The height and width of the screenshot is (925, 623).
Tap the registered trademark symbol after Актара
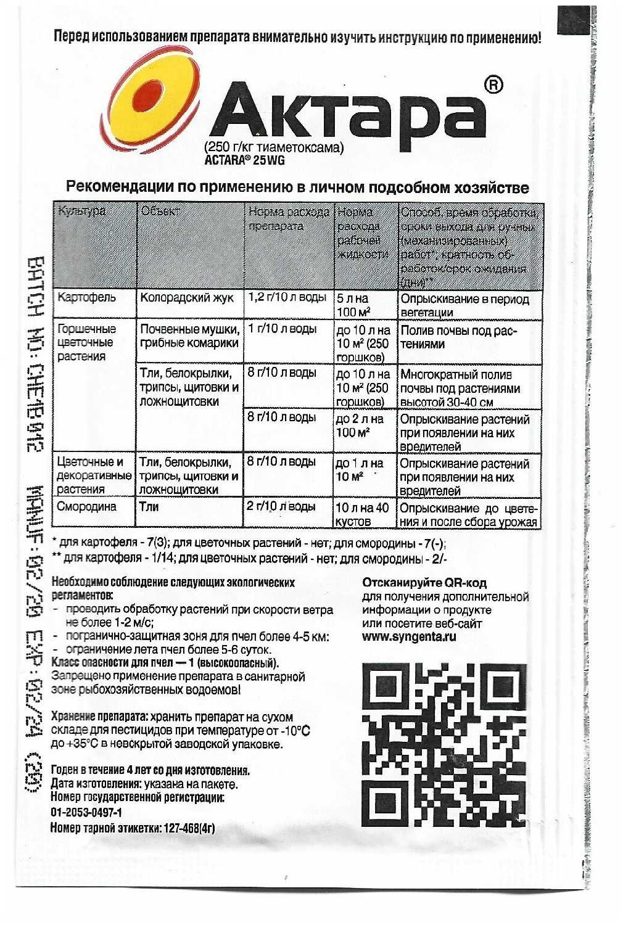pyautogui.click(x=493, y=85)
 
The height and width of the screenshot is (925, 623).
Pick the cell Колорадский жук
pyautogui.click(x=187, y=298)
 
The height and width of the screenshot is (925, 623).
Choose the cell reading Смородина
pyautogui.click(x=87, y=507)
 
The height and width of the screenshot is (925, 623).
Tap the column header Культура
pyautogui.click(x=81, y=212)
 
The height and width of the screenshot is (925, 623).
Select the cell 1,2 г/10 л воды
pyautogui.click(x=287, y=298)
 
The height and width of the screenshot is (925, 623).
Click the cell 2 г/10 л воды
pyautogui.click(x=281, y=507)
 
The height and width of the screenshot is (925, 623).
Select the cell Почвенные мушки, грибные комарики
pyautogui.click(x=189, y=336)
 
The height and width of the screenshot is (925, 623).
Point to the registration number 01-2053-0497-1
pyautogui.click(x=86, y=812)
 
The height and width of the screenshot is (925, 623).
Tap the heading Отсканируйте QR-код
pyautogui.click(x=424, y=583)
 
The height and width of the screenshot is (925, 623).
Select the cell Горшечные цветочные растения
pyautogui.click(x=86, y=342)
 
